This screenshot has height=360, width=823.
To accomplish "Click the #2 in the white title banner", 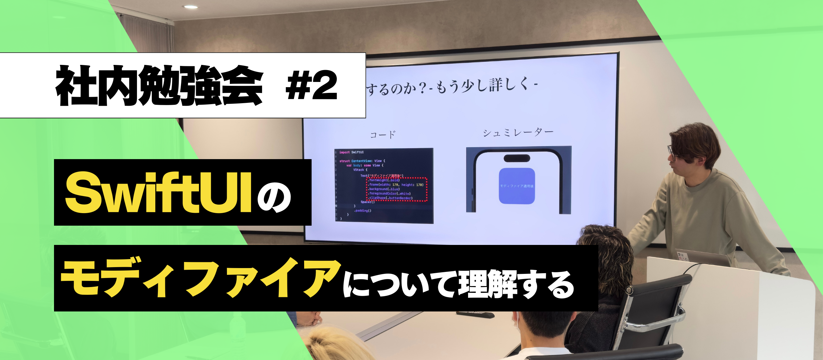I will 311,86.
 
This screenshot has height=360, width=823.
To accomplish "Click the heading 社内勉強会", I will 159,86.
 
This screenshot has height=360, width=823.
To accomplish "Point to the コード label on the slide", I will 383,134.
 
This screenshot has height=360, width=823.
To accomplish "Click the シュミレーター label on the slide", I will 518,132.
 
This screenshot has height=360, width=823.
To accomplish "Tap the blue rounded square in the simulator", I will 517,186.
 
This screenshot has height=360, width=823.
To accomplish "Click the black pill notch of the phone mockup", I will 517,158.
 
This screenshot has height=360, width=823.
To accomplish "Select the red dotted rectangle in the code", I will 397,189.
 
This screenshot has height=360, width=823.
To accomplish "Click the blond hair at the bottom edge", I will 331,346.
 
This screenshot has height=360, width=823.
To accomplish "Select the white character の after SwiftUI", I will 274,197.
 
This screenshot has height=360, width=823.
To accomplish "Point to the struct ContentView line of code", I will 362,161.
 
